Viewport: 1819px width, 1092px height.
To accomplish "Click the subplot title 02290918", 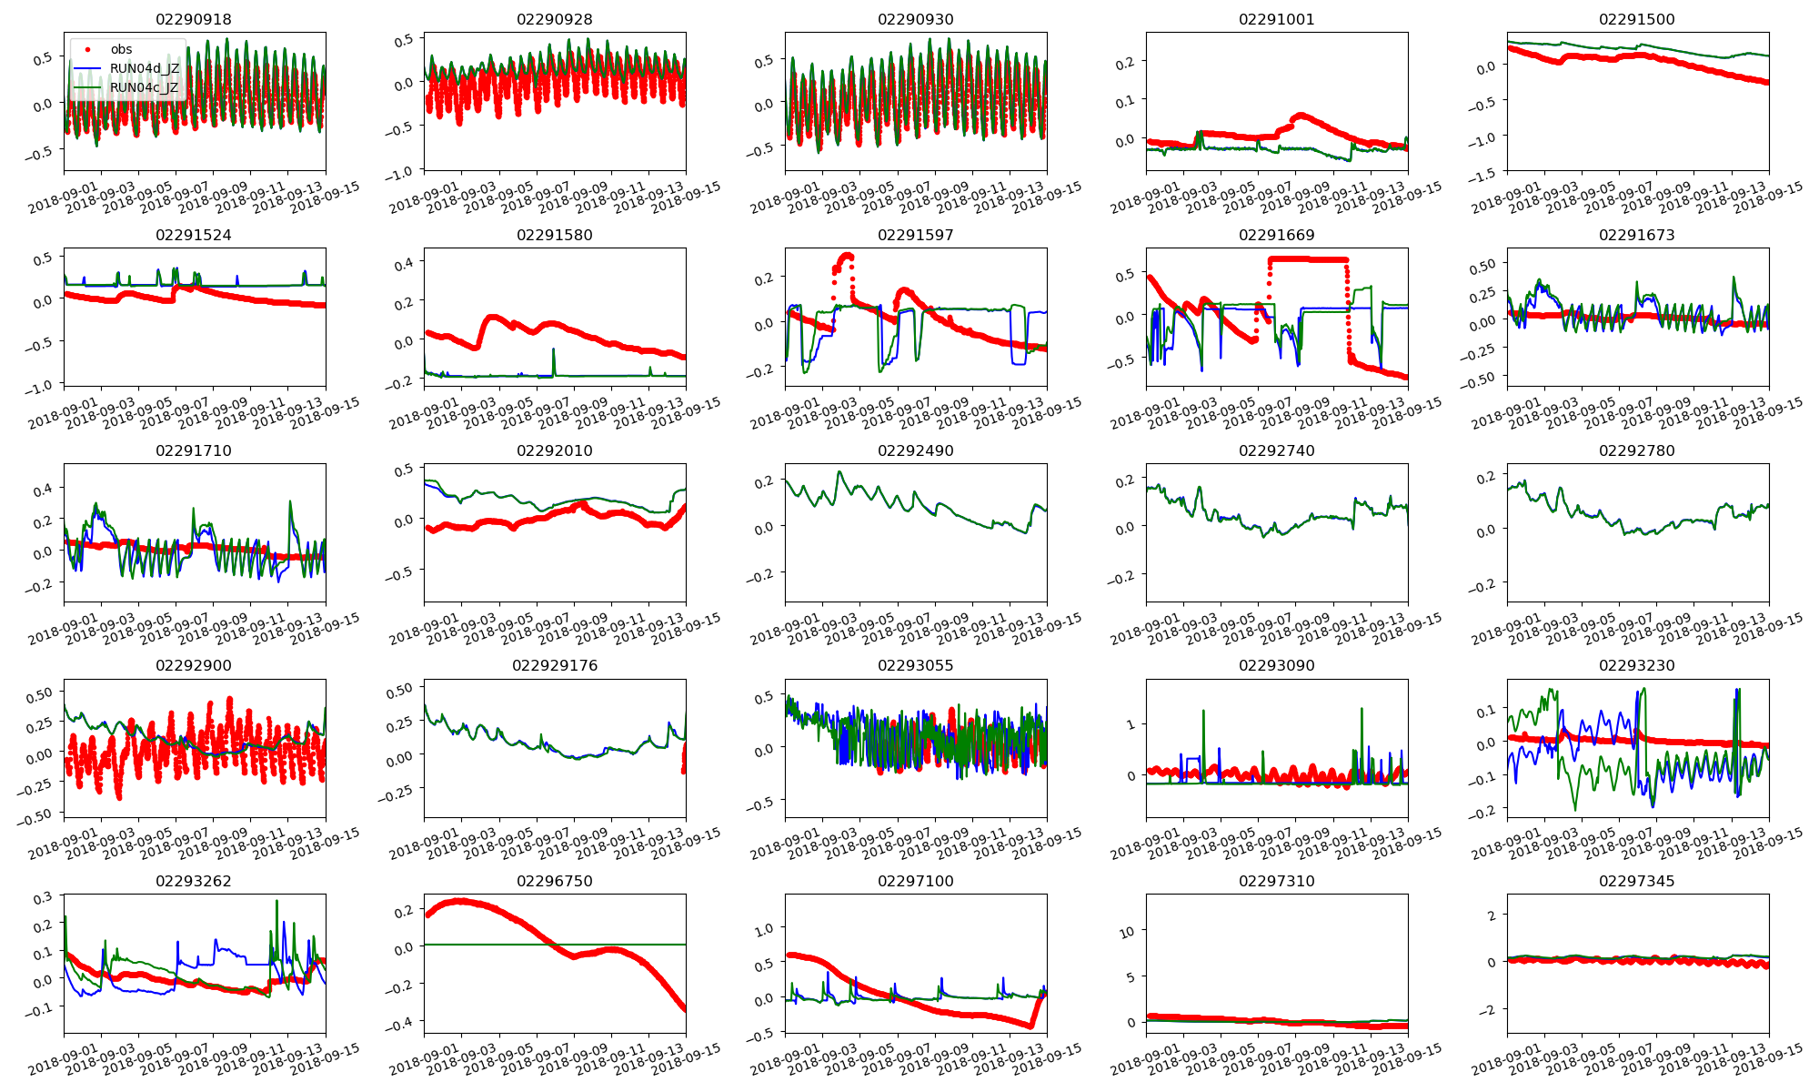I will [x=194, y=19].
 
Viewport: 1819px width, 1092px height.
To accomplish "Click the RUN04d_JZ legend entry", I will [x=150, y=68].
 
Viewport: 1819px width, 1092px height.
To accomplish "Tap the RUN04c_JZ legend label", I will [x=150, y=87].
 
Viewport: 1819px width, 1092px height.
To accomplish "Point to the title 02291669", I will [x=1276, y=235].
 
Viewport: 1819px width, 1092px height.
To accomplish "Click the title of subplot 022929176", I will [x=555, y=665].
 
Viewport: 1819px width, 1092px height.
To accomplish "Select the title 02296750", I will [x=555, y=881].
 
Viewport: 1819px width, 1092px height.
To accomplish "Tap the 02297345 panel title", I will [x=1637, y=881].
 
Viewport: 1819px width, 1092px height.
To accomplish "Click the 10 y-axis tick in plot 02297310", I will [x=1127, y=932].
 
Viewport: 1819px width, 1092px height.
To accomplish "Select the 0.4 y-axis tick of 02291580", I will [x=403, y=263].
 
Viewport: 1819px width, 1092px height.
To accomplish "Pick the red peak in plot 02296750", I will [x=460, y=901].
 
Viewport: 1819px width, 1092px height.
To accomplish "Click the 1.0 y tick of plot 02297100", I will [x=762, y=929].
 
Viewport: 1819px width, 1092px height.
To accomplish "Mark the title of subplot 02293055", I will [x=916, y=665].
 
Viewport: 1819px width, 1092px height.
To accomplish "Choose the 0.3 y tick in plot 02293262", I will [x=43, y=899].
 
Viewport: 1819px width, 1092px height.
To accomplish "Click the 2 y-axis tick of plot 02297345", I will [x=1491, y=915].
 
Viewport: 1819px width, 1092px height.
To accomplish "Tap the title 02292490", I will [x=916, y=450].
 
